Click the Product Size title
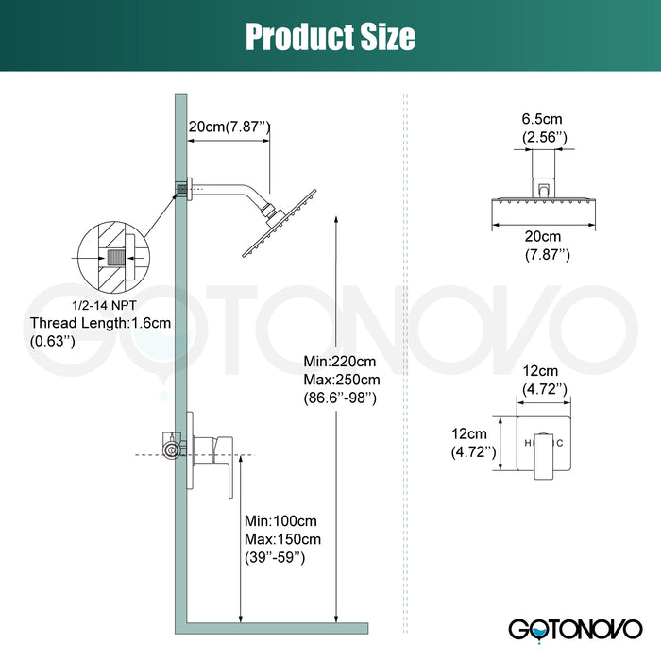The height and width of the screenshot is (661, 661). click(330, 36)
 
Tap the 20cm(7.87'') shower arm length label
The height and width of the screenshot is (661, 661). click(229, 127)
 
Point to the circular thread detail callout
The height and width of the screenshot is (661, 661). click(111, 255)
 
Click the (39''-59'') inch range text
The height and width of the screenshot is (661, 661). click(275, 558)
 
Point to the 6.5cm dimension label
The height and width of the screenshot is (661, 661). click(545, 120)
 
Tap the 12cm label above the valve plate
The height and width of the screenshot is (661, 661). click(545, 372)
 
